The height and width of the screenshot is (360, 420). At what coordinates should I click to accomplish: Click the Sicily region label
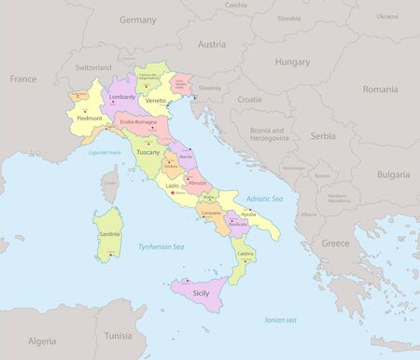coord(201,293)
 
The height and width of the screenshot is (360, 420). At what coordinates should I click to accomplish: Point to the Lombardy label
coord(122,97)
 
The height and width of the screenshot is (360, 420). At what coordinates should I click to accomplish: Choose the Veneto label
coord(156,101)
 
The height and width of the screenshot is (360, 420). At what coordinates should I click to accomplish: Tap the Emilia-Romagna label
coord(138,122)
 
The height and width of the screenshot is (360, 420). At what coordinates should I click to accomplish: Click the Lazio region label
coord(173,187)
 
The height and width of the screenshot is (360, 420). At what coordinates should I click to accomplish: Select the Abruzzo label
coord(196,183)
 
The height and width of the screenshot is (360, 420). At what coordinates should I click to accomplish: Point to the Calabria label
coord(245,254)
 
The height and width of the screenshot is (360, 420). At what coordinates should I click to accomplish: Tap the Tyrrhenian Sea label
coord(160,246)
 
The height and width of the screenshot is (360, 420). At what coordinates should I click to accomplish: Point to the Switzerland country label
coord(93,68)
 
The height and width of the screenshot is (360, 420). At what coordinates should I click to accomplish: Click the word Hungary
coord(292,62)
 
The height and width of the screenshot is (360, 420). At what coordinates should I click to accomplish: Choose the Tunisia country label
coord(118,335)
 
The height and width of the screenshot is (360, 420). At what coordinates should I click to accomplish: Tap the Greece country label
coord(336,242)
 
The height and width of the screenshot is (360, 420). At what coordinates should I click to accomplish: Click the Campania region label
coord(210,213)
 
